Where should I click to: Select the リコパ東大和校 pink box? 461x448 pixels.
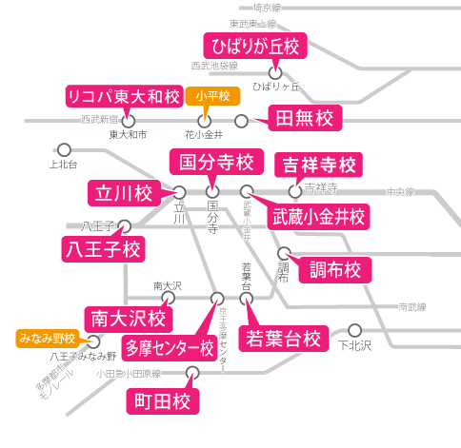click(123, 97)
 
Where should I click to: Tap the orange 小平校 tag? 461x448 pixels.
click(212, 97)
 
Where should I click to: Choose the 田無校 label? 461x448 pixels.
click(304, 119)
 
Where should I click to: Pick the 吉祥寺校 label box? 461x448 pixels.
click(318, 165)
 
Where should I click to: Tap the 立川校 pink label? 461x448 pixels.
click(124, 192)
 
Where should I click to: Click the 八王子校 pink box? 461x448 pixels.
click(102, 250)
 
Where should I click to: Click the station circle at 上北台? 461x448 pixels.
click(65, 149)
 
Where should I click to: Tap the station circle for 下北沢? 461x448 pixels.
click(355, 330)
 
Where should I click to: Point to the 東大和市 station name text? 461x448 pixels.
click(128, 135)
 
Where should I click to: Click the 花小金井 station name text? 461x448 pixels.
click(203, 135)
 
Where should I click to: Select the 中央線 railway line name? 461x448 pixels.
click(400, 191)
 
